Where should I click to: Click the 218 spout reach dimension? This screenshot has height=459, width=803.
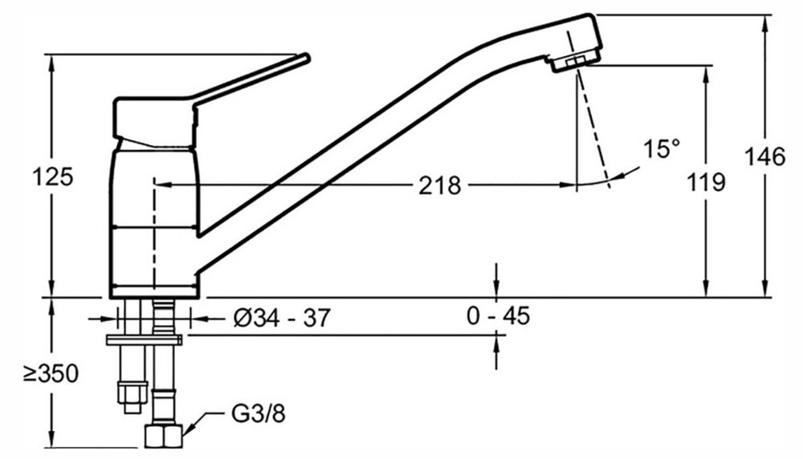[440, 185]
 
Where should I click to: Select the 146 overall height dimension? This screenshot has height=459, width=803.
[764, 156]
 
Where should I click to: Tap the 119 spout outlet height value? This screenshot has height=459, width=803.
[705, 181]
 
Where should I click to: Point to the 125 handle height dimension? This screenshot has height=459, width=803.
[52, 177]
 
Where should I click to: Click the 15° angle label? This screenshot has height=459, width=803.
[662, 150]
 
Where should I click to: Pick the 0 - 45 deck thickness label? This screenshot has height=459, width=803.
[498, 315]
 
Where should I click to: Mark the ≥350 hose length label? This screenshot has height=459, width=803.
[51, 374]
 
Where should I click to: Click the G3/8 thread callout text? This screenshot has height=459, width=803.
[259, 414]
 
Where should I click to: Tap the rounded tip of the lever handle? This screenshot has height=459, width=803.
[306, 57]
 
